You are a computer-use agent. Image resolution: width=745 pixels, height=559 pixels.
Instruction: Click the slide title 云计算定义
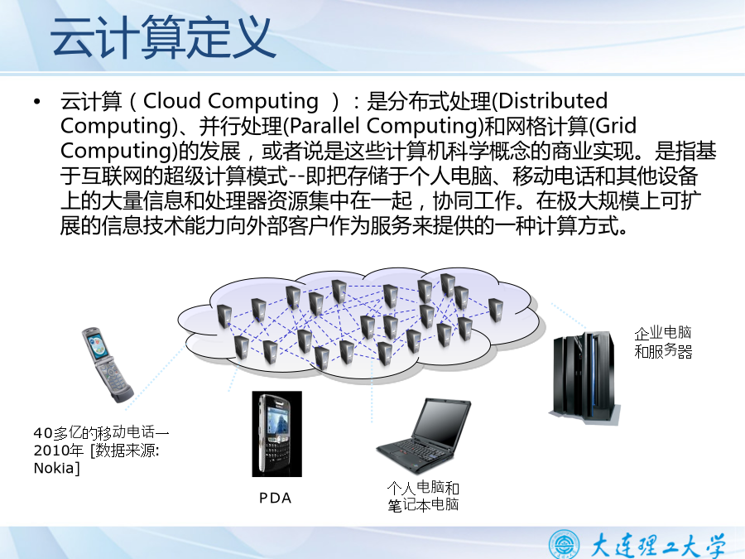(x=163, y=37)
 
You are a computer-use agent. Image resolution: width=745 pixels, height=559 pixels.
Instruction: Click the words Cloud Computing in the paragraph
(x=230, y=101)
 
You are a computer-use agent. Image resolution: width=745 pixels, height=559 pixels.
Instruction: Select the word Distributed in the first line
(x=553, y=100)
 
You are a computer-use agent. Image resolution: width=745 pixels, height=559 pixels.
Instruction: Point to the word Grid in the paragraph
(x=616, y=126)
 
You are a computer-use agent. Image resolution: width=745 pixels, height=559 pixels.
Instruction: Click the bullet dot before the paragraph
(x=37, y=101)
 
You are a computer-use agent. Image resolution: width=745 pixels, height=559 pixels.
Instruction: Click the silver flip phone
(x=107, y=364)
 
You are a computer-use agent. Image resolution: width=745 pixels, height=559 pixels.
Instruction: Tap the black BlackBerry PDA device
(x=277, y=433)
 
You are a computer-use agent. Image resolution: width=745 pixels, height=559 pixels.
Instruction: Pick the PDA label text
(x=275, y=499)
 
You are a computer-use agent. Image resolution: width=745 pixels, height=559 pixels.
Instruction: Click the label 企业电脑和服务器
(x=663, y=342)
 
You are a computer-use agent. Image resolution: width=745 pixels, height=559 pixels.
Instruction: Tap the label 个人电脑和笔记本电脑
(x=423, y=496)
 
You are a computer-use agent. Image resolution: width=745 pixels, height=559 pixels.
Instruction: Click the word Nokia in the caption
(x=54, y=468)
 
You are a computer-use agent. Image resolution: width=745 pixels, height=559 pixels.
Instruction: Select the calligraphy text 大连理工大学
(x=659, y=545)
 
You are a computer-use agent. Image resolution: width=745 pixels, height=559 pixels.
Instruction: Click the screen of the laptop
(x=442, y=421)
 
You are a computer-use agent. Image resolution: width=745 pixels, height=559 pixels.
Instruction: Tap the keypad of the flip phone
(x=115, y=376)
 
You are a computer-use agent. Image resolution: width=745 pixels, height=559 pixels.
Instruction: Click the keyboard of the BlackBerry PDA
(x=276, y=455)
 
